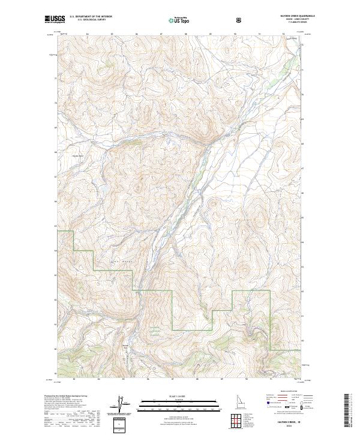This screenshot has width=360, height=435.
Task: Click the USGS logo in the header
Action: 55,20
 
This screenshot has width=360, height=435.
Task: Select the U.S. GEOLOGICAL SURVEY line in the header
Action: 87,21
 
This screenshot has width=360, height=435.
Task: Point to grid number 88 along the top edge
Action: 185,34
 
